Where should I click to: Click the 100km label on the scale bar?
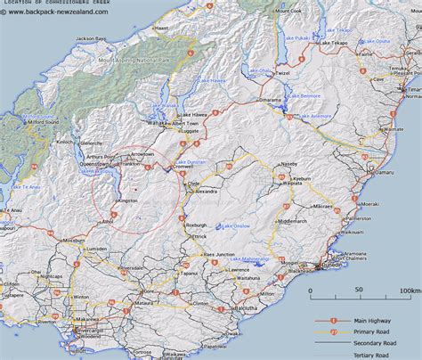409,290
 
